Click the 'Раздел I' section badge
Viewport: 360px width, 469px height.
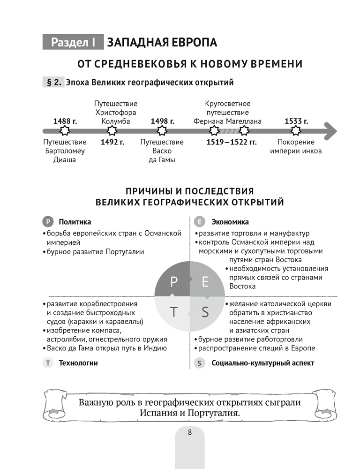tap(73, 42)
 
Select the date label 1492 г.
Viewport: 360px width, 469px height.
tap(112, 142)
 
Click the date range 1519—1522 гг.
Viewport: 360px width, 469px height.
tap(232, 142)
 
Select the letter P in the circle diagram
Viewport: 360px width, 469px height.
tap(174, 281)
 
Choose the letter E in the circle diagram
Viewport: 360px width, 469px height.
tap(205, 281)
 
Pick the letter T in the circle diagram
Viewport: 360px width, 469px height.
tap(174, 312)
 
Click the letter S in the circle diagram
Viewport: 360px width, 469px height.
tap(205, 312)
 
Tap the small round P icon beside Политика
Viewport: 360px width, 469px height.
tap(48, 222)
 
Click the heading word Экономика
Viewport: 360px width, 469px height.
tap(230, 222)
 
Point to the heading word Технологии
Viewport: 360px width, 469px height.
tap(78, 363)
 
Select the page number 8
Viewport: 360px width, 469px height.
tap(189, 432)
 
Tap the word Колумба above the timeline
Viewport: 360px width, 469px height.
tap(116, 121)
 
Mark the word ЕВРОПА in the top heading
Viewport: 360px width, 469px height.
tap(194, 42)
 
